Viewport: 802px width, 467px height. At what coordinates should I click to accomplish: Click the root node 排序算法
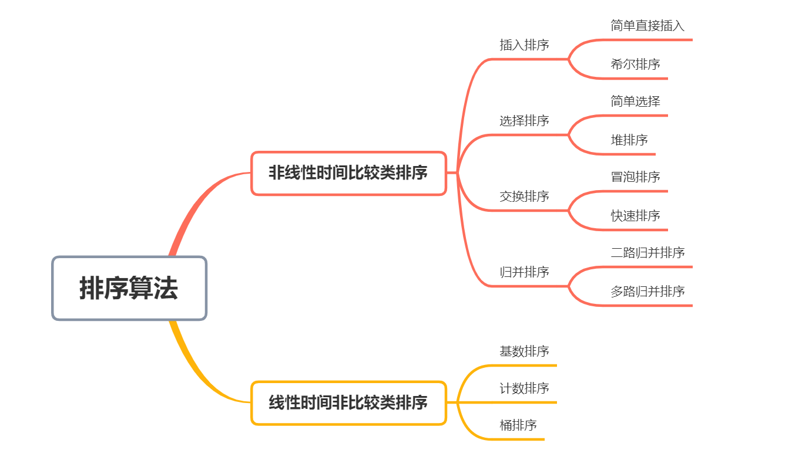(129, 288)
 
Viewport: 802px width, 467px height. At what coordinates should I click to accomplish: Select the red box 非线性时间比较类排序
(348, 173)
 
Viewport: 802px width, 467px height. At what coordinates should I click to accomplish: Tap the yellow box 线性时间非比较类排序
(348, 403)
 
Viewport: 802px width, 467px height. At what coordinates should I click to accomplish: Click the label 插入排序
(524, 45)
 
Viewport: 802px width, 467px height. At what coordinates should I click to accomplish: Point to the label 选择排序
(524, 121)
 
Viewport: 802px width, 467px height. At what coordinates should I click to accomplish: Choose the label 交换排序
(524, 197)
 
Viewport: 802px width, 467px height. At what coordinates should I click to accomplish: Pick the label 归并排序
(524, 272)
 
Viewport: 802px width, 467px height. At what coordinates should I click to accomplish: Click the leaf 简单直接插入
(647, 26)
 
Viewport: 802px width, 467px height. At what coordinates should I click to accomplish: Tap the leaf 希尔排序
(635, 65)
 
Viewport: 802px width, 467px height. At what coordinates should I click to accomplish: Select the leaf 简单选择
(635, 101)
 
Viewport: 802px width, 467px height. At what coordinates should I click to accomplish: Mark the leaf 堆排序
(629, 140)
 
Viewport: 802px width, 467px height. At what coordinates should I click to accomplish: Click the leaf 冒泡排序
(635, 177)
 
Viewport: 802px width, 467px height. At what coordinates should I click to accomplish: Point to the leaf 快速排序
(635, 216)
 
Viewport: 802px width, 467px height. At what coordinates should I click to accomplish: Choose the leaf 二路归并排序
(647, 253)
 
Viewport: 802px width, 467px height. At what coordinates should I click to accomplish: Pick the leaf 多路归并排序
(647, 292)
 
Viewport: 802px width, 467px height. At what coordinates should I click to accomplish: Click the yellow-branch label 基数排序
(524, 351)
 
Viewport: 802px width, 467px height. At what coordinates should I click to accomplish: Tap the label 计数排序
(524, 388)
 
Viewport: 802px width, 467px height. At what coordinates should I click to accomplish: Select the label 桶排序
(518, 425)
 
